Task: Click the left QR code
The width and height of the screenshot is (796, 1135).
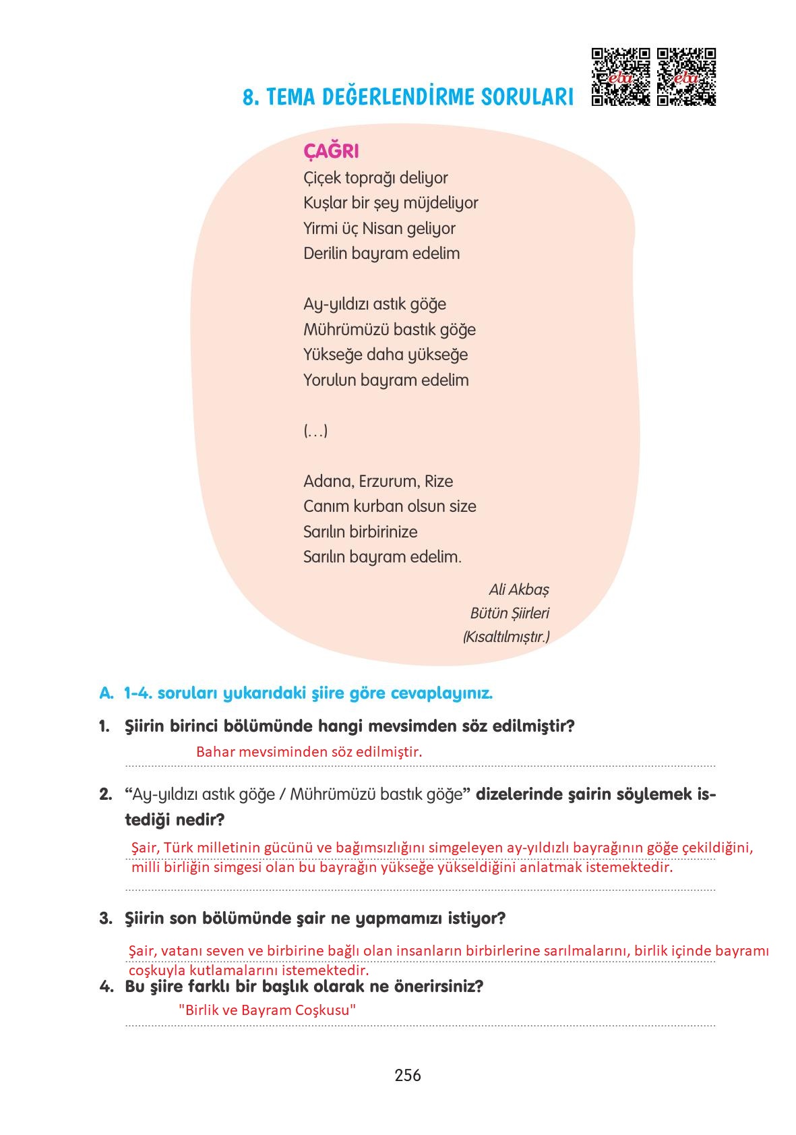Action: pyautogui.click(x=620, y=77)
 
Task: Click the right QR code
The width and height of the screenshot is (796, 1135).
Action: pyautogui.click(x=686, y=77)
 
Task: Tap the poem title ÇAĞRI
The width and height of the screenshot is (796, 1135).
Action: pyautogui.click(x=331, y=151)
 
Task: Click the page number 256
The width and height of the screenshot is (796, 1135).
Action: pyautogui.click(x=408, y=1075)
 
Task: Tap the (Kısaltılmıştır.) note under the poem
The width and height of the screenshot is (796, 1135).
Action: pyautogui.click(x=506, y=637)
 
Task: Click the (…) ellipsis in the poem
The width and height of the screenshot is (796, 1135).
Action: pyautogui.click(x=315, y=431)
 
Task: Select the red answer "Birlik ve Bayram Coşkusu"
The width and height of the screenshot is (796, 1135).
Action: pyautogui.click(x=268, y=1010)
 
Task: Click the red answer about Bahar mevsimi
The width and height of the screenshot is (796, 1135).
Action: pyautogui.click(x=309, y=752)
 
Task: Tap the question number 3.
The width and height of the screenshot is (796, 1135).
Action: pyautogui.click(x=105, y=919)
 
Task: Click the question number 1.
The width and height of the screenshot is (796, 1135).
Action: pyautogui.click(x=104, y=727)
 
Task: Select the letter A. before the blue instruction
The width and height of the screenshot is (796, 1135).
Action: pyautogui.click(x=106, y=693)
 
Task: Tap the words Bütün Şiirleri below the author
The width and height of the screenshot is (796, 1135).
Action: pyautogui.click(x=510, y=614)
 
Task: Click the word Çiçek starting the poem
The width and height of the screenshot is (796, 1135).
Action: pyautogui.click(x=322, y=178)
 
